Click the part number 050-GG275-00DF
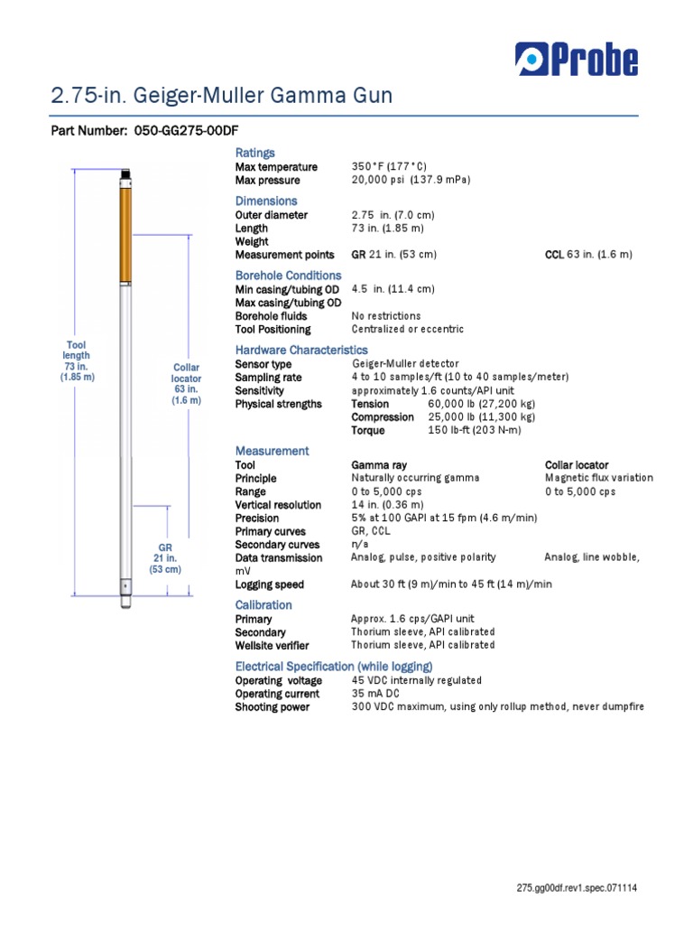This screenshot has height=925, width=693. (x=186, y=132)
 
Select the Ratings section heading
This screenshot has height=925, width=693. (x=254, y=153)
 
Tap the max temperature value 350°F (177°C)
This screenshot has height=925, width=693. (x=389, y=167)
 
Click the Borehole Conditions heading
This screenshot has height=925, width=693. (x=288, y=276)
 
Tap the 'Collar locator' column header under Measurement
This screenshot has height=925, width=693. (x=577, y=465)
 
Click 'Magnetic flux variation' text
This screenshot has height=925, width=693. (x=599, y=478)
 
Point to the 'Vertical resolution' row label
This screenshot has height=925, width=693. (x=278, y=505)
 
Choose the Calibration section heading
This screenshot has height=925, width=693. (x=263, y=605)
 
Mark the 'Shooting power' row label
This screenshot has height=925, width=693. (x=272, y=707)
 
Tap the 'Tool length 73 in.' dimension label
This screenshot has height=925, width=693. (x=76, y=361)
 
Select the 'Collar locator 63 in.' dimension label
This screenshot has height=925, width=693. (x=187, y=383)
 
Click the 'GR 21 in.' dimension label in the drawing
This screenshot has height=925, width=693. (x=165, y=559)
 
